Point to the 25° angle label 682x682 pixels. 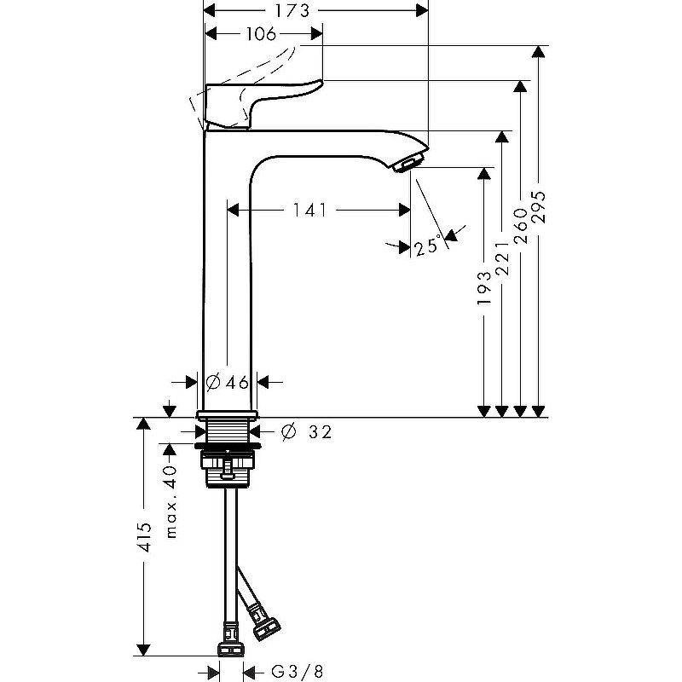pos(428,246)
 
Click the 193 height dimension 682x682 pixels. pos(483,289)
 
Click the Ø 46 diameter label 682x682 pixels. pos(228,382)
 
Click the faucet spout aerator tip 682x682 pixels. pos(409,162)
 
